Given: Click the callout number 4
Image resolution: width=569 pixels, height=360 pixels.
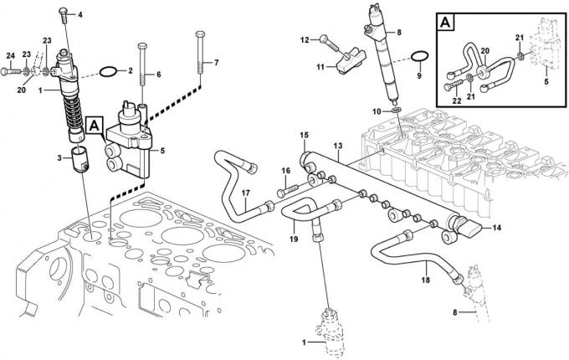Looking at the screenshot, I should click(x=80, y=15).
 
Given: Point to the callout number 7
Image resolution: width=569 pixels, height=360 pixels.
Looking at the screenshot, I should click(x=215, y=63).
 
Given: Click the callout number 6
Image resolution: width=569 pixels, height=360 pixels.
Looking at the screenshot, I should click(x=158, y=75).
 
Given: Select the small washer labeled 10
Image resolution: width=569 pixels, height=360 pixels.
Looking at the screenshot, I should click(x=395, y=109).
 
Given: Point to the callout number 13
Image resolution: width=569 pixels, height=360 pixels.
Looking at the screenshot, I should click(x=337, y=146).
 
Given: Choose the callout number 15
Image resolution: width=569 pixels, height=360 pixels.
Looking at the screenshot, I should click(x=305, y=135).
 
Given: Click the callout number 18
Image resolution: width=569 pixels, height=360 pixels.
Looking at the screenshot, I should click(x=425, y=280).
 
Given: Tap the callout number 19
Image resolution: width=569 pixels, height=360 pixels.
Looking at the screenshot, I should click(x=294, y=238).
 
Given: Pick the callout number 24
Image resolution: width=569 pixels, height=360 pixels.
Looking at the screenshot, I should click(x=11, y=56).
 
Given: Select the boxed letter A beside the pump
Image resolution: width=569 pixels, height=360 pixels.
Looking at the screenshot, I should click(x=95, y=126).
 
